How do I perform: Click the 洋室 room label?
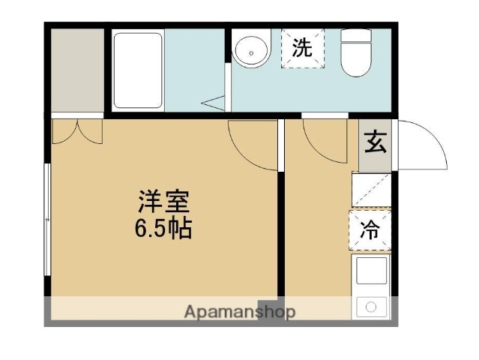pos(163,202)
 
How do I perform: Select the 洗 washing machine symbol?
pos(303,49)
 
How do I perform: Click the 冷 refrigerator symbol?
pos(370,230)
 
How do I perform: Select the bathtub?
pos(137,69)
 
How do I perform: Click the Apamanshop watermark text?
pos(239,311)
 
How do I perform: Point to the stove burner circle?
pos(370,306)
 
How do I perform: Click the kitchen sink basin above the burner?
pos(370,271)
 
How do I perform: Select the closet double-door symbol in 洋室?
pos(77,131)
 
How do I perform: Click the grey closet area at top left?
pos(76,70)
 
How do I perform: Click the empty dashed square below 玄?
pos(372,189)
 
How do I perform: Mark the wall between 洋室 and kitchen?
pos(281,217)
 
